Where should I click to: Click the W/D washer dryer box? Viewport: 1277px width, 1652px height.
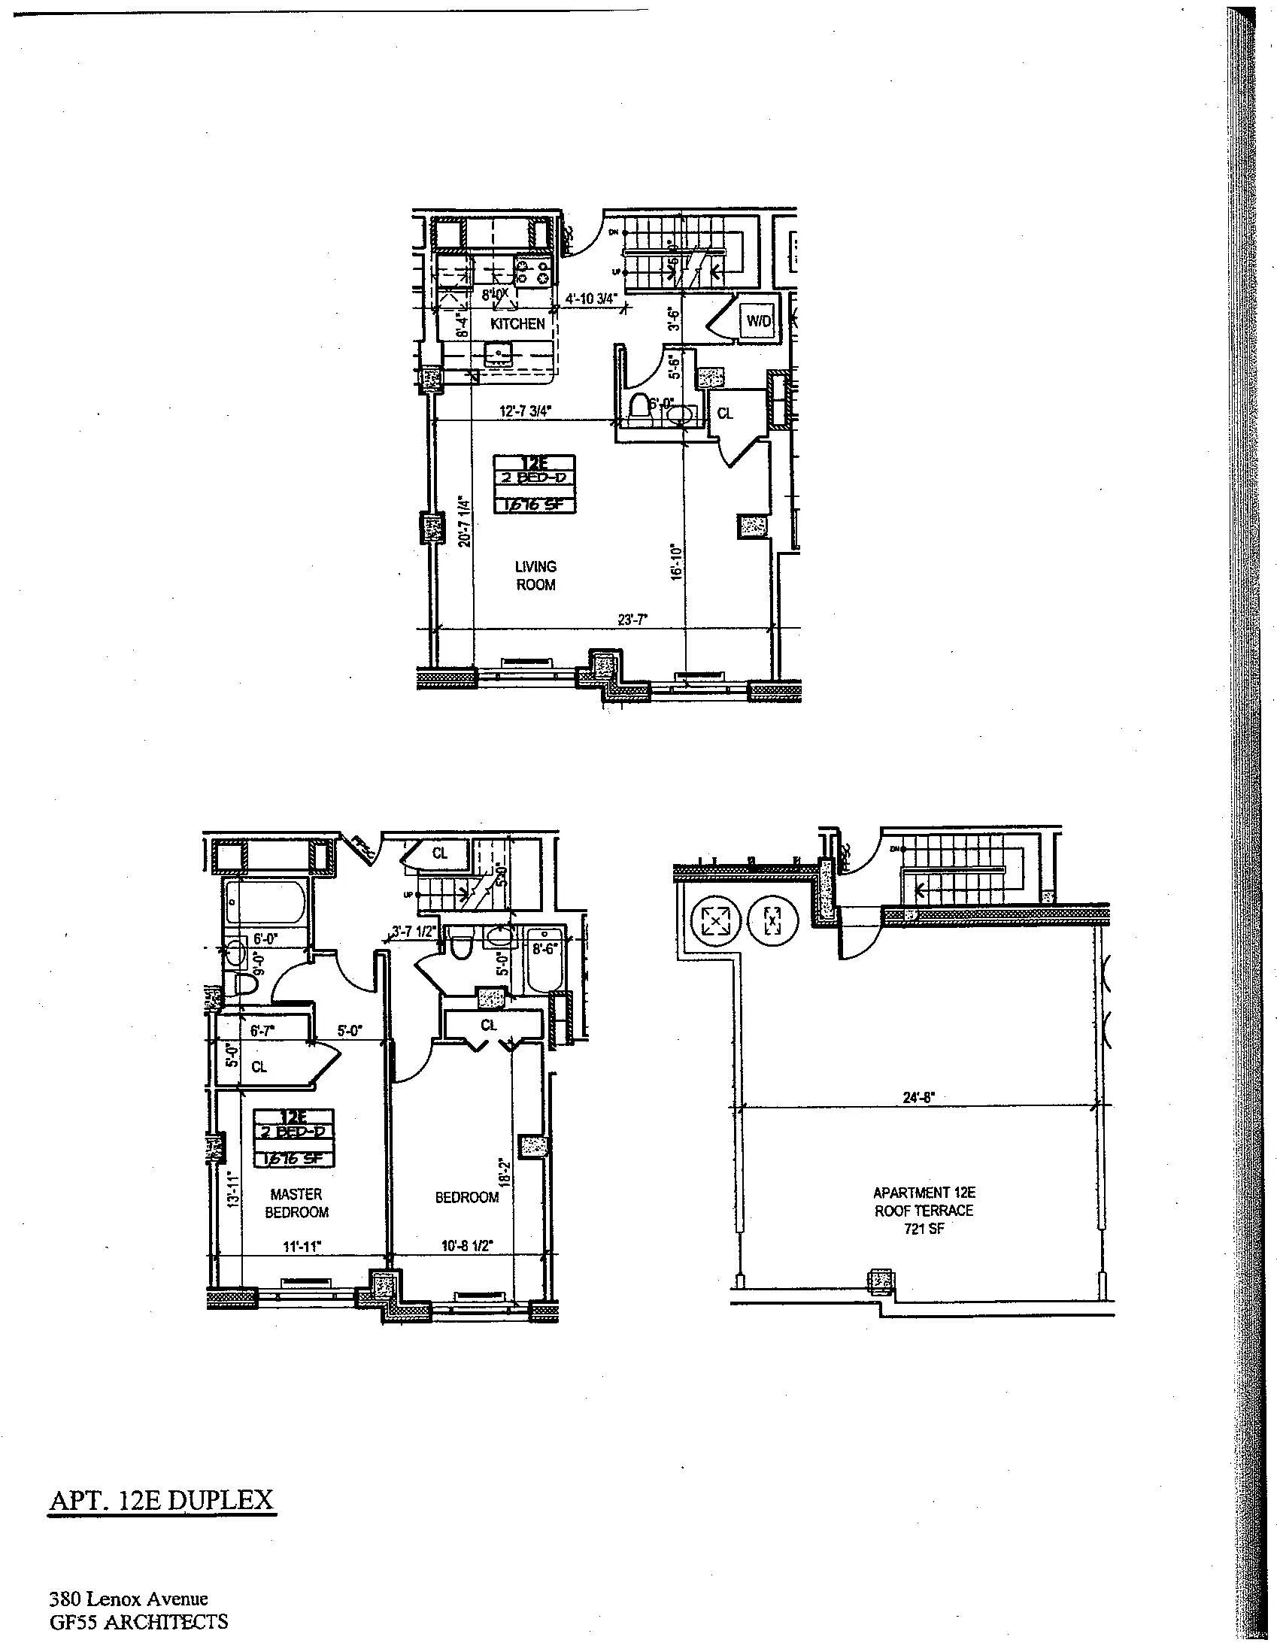[759, 321]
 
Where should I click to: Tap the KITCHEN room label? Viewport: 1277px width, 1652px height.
[517, 324]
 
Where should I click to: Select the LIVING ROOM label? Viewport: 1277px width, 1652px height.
[535, 575]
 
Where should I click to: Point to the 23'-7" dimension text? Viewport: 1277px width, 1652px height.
[632, 620]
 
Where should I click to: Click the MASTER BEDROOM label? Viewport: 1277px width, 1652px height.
[296, 1202]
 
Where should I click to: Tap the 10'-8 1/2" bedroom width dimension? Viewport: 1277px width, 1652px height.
[467, 1247]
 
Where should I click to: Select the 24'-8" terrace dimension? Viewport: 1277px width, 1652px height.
[919, 1099]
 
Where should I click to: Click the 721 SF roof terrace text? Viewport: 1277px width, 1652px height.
[924, 1229]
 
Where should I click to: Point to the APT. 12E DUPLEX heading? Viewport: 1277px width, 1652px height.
[162, 1499]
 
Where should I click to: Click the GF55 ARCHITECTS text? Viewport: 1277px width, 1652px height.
[138, 1622]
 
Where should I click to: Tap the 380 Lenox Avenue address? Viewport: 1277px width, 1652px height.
[129, 1599]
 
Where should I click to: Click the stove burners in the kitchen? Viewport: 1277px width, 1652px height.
[533, 271]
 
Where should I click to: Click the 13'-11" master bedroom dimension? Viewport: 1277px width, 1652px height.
[235, 1190]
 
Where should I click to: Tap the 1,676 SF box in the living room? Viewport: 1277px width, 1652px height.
[534, 505]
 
